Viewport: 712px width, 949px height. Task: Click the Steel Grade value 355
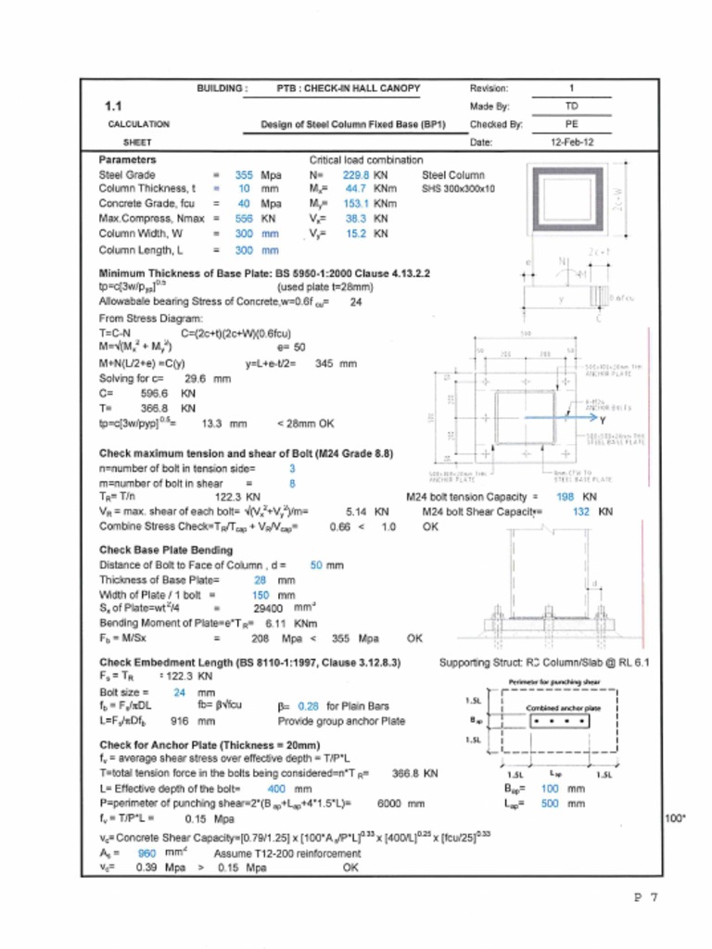244,174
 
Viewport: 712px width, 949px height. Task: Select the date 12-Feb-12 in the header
572,143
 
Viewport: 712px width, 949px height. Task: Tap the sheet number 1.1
114,106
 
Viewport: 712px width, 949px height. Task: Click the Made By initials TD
572,107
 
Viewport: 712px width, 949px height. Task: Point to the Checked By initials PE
572,124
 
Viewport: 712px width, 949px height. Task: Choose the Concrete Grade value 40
244,203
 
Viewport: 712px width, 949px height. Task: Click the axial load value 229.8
356,174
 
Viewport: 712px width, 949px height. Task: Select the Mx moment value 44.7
358,188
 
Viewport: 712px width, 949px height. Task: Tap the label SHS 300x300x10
459,188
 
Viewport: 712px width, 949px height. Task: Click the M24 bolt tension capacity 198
564,497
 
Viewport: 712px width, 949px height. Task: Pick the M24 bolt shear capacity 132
581,511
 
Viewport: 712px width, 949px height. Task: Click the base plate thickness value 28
261,580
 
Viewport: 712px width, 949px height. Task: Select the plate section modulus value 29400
267,609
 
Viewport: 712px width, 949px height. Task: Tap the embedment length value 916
181,719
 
